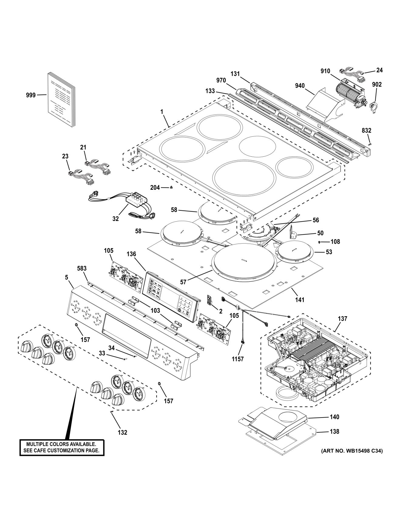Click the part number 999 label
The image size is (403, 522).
pyautogui.click(x=31, y=95)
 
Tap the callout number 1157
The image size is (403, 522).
pyautogui.click(x=238, y=359)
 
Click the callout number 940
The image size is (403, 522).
pyautogui.click(x=300, y=86)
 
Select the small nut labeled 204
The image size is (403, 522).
pyautogui.click(x=171, y=188)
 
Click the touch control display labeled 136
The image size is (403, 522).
pyautogui.click(x=171, y=293)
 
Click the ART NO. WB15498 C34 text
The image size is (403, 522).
pyautogui.click(x=352, y=451)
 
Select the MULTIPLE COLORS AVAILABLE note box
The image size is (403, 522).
pyautogui.click(x=62, y=447)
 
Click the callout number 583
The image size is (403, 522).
pyautogui.click(x=82, y=268)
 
